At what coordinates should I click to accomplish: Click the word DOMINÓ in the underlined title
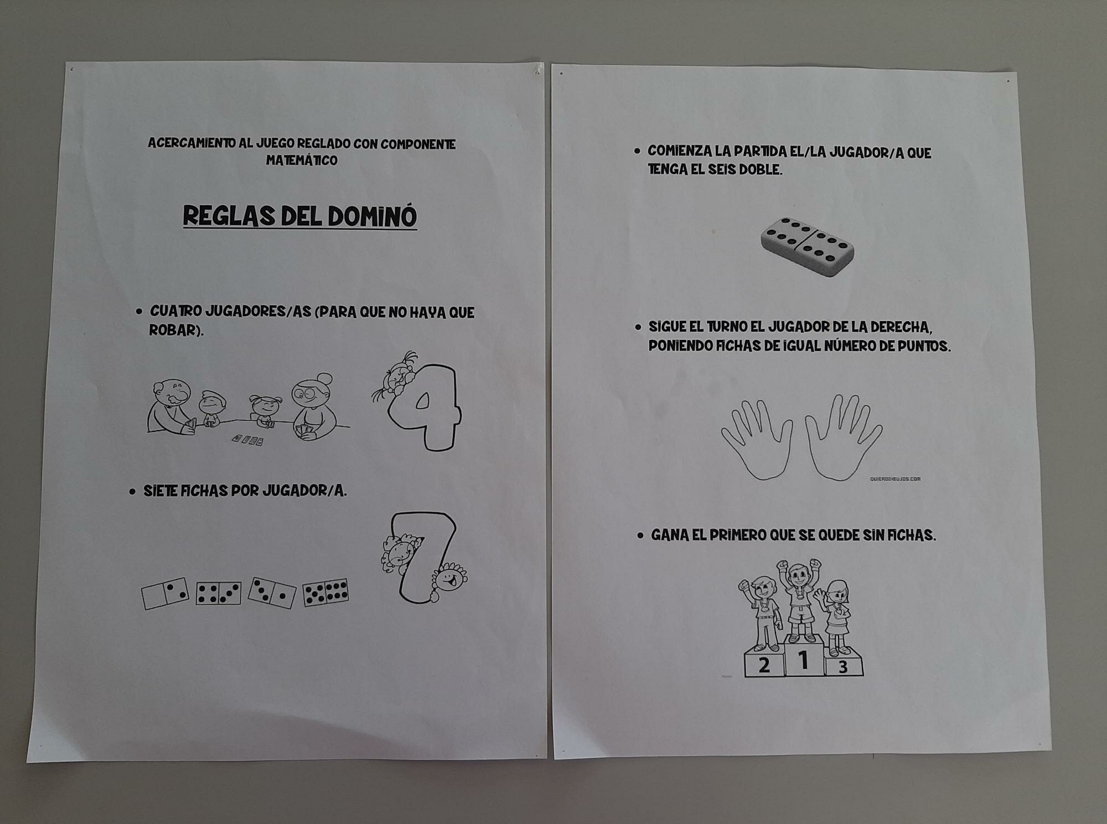point(372,217)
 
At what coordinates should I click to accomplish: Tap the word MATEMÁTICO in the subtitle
point(302,161)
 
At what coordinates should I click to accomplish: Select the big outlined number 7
point(423,557)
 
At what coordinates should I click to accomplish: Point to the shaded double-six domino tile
point(808,247)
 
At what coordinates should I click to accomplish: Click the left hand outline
point(757,440)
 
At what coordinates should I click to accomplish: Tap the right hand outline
point(843,437)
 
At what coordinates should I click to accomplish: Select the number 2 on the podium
point(764,665)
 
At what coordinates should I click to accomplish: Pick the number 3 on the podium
point(843,667)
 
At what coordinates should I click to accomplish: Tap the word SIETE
point(159,491)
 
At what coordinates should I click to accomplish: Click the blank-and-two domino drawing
point(165,594)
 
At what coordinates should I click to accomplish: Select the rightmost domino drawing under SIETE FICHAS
point(326,593)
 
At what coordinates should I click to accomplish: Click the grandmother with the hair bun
point(313,406)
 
